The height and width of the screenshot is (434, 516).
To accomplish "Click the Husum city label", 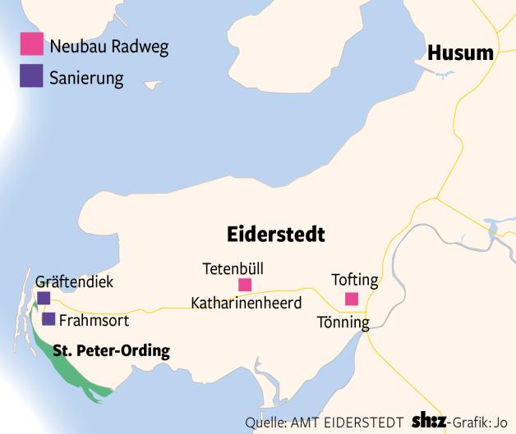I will pyautogui.click(x=460, y=54).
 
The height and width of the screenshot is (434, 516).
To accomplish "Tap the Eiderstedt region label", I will pyautogui.click(x=275, y=235).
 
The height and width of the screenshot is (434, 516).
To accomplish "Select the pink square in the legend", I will pyautogui.click(x=32, y=44).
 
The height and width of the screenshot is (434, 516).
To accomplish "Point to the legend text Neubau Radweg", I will pyautogui.click(x=108, y=46).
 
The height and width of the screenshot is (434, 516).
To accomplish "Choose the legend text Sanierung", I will pyautogui.click(x=86, y=79).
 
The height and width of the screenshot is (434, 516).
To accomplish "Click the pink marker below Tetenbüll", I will pyautogui.click(x=244, y=285).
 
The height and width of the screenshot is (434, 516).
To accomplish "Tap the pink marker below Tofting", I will pyautogui.click(x=352, y=299).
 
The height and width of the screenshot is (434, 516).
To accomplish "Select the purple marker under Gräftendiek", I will pyautogui.click(x=44, y=298).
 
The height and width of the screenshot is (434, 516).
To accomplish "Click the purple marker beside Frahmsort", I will pyautogui.click(x=48, y=319).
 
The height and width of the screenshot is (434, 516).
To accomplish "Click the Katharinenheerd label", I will pyautogui.click(x=246, y=303).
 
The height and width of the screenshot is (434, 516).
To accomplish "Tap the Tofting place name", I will pyautogui.click(x=354, y=281).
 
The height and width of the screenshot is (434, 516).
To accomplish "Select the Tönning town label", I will pyautogui.click(x=343, y=322).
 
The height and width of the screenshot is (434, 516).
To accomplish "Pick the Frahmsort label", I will pyautogui.click(x=94, y=320).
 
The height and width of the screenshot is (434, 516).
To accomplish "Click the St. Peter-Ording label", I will pyautogui.click(x=111, y=351).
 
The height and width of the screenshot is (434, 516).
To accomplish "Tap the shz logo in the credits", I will pyautogui.click(x=433, y=422).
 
